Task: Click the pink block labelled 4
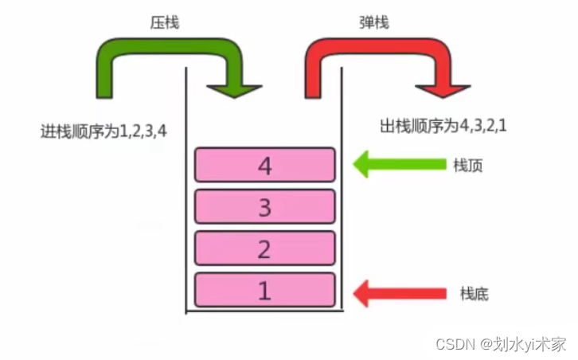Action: [264, 165]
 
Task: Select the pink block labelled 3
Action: [264, 207]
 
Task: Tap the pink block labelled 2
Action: [264, 248]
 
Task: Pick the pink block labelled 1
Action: [264, 290]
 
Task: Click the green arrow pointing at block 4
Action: [398, 166]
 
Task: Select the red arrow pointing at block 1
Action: [398, 292]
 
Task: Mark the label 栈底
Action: [473, 293]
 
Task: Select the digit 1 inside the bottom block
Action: [264, 290]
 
